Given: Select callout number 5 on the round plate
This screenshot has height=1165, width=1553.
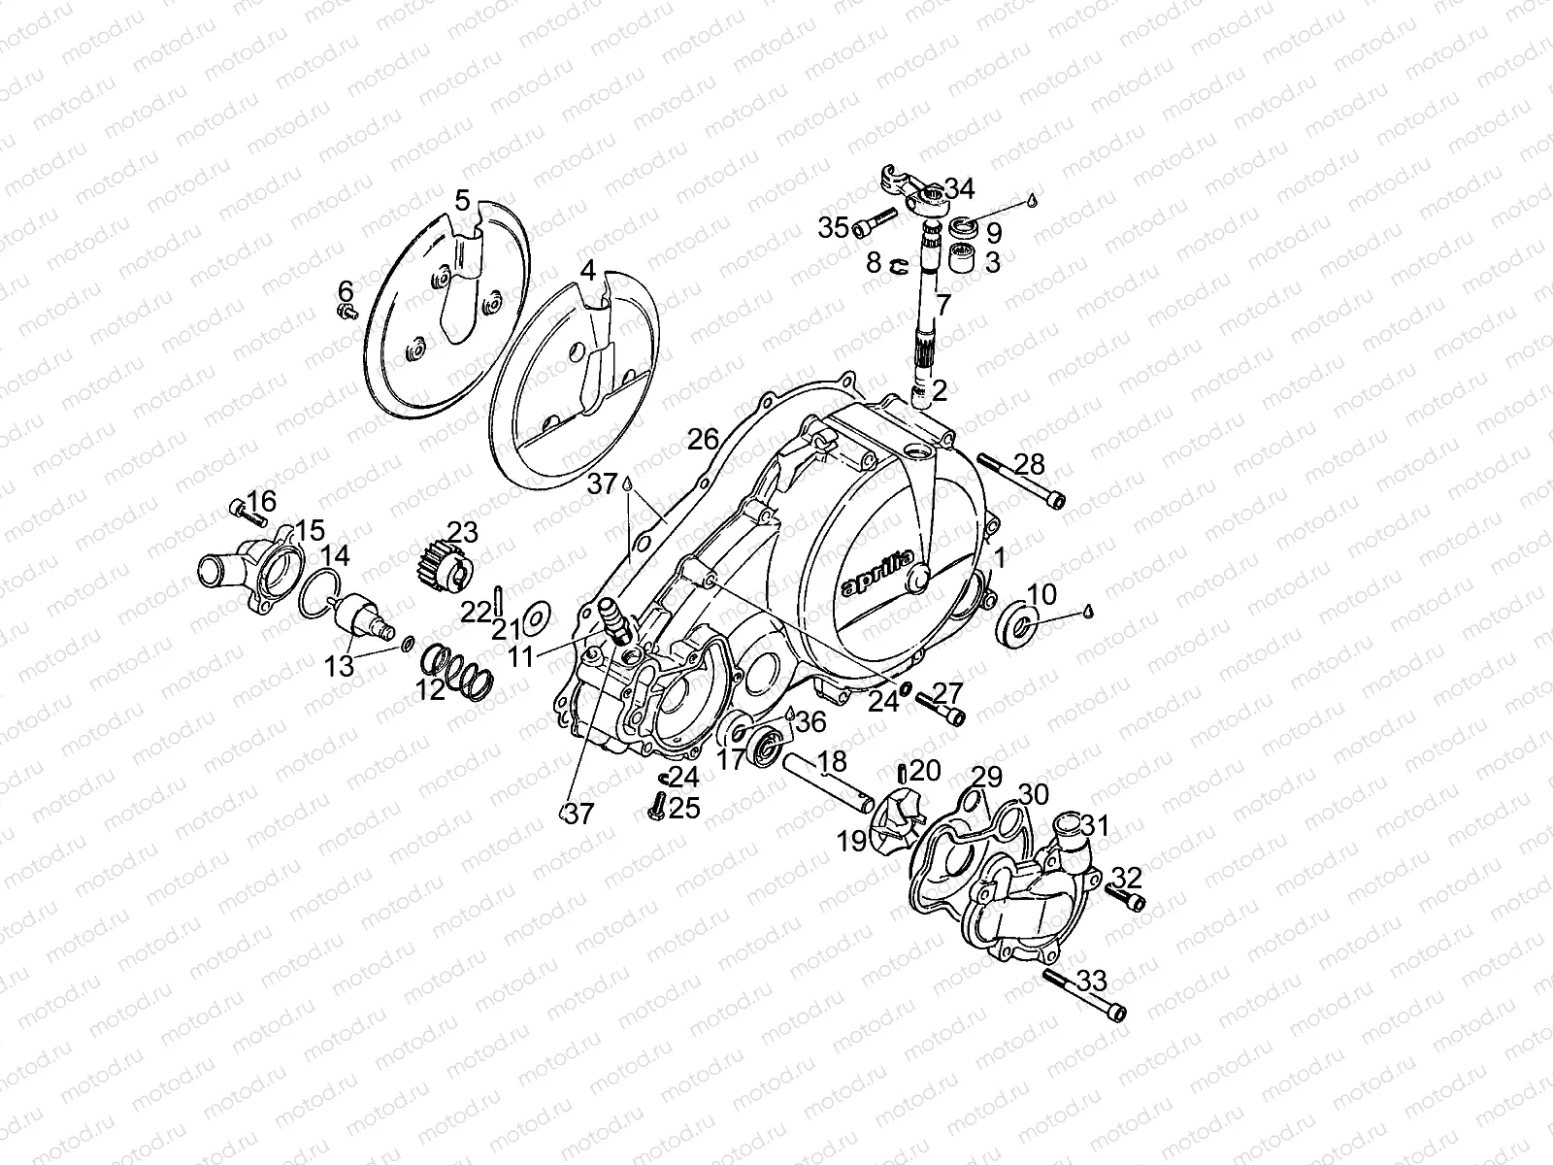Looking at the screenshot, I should pos(463,201).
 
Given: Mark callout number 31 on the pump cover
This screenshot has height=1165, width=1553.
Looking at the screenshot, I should pos(1096,826).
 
